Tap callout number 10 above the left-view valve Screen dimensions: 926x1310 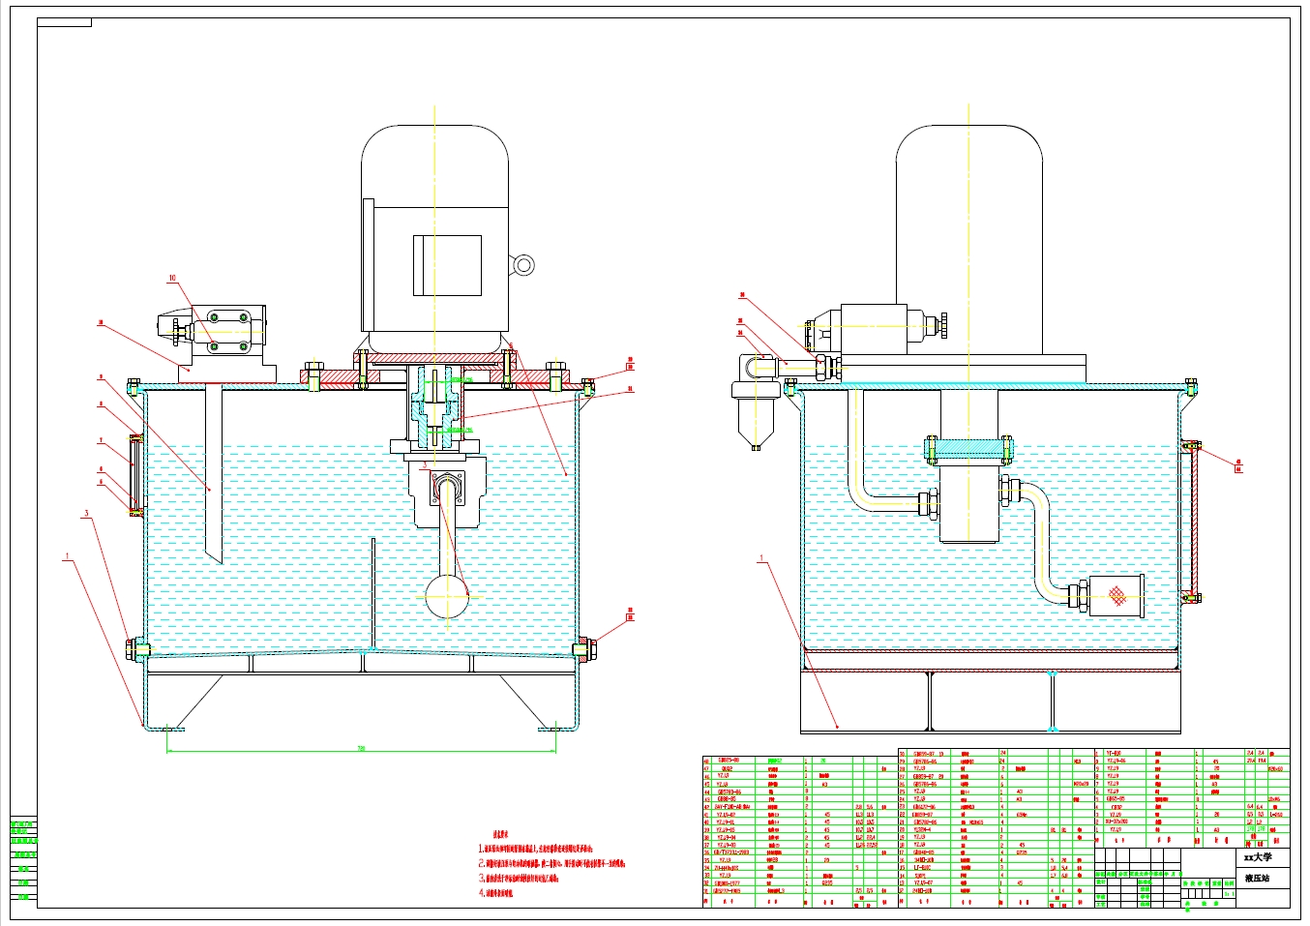173,279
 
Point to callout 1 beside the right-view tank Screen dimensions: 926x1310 761,558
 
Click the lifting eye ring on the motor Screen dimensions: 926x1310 523,264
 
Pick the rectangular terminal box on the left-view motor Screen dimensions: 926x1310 447,265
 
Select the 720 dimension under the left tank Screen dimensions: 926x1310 362,748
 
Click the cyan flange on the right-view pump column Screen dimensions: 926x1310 968,449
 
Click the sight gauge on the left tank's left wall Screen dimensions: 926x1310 135,473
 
